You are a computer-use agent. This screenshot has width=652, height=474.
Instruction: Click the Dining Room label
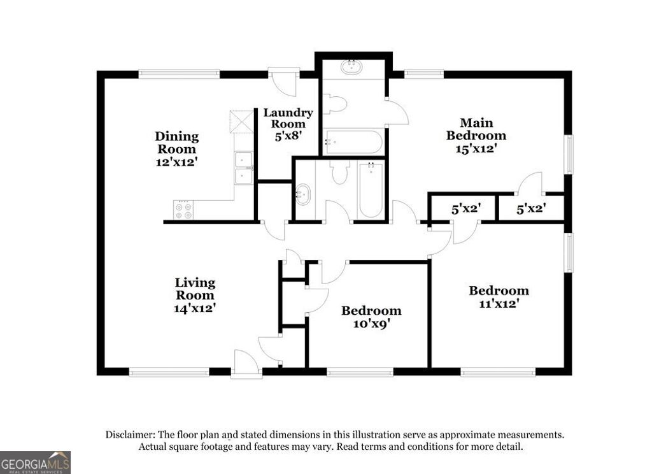[x=177, y=149]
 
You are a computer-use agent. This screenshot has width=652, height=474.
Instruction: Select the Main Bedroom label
[x=476, y=135]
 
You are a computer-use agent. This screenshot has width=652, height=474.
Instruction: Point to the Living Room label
[x=195, y=295]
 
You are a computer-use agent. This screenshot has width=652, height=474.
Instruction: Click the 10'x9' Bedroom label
[x=371, y=317]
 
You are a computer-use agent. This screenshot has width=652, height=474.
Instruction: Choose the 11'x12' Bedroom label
[x=499, y=297]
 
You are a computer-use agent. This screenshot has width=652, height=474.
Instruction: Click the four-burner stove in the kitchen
[x=183, y=210]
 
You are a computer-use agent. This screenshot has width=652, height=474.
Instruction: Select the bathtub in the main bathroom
[x=353, y=142]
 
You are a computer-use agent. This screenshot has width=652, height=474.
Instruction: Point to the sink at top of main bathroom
[x=351, y=66]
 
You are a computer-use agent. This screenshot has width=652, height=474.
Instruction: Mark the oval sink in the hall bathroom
[x=303, y=194]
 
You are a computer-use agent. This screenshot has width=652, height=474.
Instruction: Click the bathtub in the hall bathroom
[x=371, y=189]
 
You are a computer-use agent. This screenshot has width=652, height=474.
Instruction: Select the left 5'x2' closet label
[x=465, y=208]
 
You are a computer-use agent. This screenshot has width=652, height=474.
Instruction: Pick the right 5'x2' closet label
[x=530, y=208]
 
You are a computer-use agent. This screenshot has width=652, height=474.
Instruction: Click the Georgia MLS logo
[x=35, y=462]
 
